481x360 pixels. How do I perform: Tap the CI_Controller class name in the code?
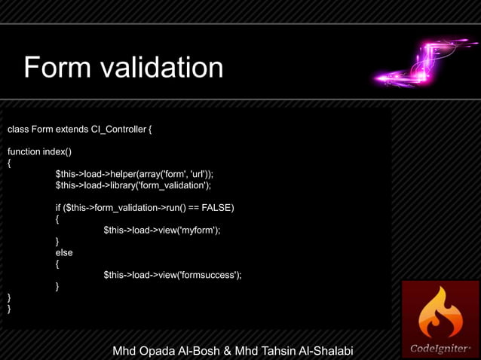[118, 130]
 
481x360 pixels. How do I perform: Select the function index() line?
[39, 151]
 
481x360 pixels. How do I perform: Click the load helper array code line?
[134, 173]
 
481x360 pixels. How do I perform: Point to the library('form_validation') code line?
[133, 185]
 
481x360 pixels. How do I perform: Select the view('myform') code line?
[161, 230]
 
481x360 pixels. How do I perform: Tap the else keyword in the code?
[64, 252]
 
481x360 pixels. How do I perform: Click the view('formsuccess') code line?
[172, 275]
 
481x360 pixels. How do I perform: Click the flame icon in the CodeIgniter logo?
[440, 313]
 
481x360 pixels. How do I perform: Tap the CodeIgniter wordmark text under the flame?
[440, 349]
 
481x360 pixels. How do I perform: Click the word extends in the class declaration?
[71, 130]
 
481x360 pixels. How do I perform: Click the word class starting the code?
[18, 130]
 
